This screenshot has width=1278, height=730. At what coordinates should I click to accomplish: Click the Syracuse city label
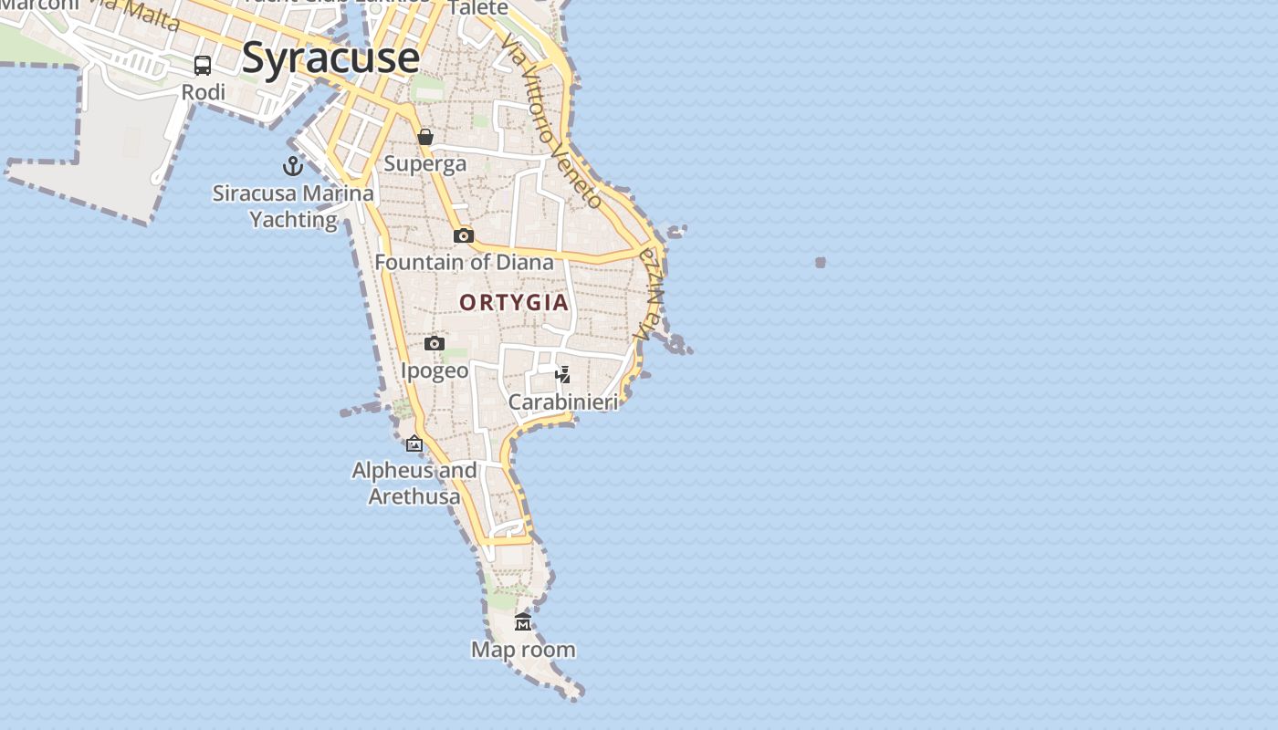[x=330, y=58]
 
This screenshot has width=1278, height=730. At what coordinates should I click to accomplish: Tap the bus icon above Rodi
[x=203, y=66]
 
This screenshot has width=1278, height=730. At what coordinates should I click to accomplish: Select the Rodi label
[x=203, y=92]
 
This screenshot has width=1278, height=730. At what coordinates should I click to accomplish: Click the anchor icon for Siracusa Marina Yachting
[x=292, y=166]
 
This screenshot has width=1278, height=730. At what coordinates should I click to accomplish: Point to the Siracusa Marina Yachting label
[x=293, y=206]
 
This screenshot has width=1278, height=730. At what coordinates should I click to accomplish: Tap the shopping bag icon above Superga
[x=425, y=137]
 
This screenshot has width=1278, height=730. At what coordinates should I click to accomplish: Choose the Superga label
[x=425, y=163]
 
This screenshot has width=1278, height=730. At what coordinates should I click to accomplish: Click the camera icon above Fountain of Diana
[x=464, y=235]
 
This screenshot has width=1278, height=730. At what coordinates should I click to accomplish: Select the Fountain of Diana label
[x=464, y=263]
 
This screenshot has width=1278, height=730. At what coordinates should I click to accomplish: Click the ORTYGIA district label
[x=514, y=303]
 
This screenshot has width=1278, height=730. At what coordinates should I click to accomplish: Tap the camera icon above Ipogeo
[x=435, y=344]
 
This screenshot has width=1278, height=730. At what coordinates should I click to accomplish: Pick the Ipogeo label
[x=435, y=370]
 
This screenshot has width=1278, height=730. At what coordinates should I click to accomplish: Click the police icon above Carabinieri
[x=563, y=375]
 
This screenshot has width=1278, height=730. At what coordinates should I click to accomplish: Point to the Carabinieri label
[x=563, y=402]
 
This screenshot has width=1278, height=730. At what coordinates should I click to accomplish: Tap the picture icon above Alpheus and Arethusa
[x=414, y=444]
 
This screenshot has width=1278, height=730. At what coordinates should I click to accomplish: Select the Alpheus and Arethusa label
[x=414, y=484]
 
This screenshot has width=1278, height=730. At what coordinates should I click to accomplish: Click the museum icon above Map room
[x=523, y=622]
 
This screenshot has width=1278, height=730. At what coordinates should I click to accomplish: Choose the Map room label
[x=523, y=650]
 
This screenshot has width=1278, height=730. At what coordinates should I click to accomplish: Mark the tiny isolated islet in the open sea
[x=821, y=263]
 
